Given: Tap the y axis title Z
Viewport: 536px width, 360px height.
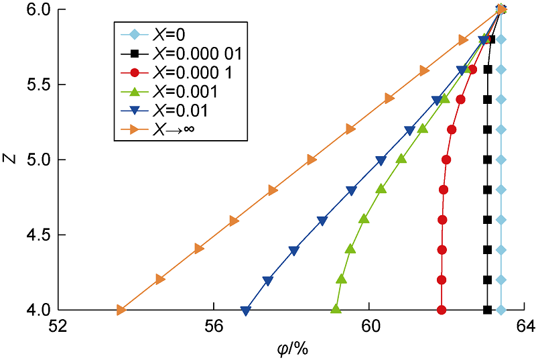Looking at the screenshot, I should pyautogui.click(x=9, y=160).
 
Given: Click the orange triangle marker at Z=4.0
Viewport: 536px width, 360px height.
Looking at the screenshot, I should pyautogui.click(x=121, y=310).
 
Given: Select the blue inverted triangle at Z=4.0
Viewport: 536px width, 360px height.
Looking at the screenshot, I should pyautogui.click(x=246, y=310).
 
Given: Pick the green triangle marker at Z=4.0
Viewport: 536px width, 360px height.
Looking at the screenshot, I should pyautogui.click(x=336, y=309).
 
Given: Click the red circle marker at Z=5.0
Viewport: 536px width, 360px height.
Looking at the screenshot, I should pyautogui.click(x=446, y=160).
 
